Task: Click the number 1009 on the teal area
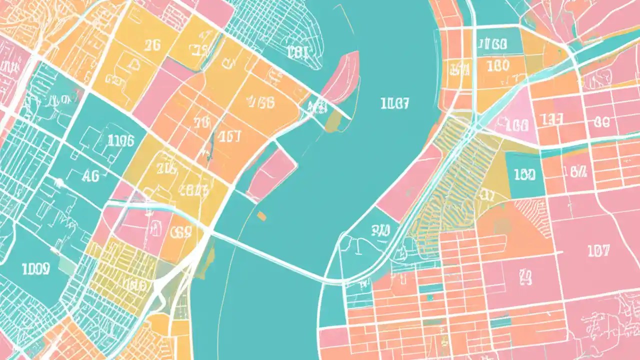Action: [x=35, y=269]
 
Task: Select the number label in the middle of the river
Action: [x=394, y=103]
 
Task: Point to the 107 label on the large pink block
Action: [x=598, y=251]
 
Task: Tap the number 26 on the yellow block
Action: [x=152, y=45]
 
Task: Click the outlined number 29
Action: [x=525, y=274]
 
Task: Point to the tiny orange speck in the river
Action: [x=261, y=215]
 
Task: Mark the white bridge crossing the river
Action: [x=270, y=257]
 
